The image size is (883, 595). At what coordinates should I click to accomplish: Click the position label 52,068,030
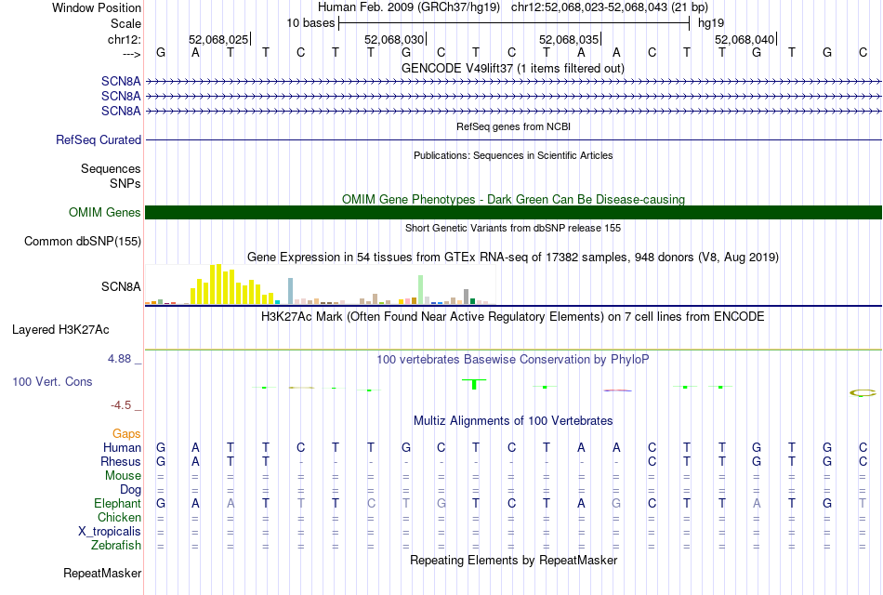[394, 39]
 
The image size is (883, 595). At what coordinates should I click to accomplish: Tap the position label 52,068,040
[745, 39]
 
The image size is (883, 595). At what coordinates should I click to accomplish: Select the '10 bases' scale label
[310, 22]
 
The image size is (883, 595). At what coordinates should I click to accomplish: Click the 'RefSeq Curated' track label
[99, 139]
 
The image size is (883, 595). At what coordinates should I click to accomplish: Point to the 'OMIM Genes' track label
[105, 212]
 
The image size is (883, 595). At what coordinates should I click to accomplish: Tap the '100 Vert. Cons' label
[52, 381]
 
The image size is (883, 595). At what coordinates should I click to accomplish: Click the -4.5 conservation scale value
[127, 405]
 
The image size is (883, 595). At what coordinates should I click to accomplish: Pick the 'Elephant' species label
[117, 503]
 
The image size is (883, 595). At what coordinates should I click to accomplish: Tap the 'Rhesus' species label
[121, 461]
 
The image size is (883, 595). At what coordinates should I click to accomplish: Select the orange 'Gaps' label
[126, 433]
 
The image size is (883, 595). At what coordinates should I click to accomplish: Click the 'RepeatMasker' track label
[102, 573]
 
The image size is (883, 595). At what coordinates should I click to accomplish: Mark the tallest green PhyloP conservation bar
[475, 383]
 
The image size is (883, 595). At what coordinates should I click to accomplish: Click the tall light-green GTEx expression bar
[421, 288]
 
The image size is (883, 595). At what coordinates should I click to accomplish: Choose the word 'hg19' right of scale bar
[710, 22]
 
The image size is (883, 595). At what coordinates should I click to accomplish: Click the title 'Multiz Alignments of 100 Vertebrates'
[513, 420]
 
